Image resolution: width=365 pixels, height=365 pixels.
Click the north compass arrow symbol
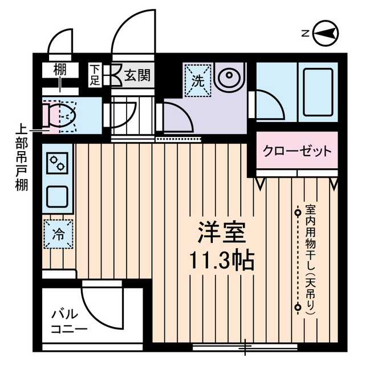[326, 34]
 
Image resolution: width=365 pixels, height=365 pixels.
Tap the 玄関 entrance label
[138, 75]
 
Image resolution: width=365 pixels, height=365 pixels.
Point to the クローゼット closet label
[297, 151]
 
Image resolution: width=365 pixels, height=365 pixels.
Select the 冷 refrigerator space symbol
[59, 233]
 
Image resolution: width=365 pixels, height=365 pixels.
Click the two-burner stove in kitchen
[58, 164]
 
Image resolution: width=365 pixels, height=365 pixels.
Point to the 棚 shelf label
[59, 71]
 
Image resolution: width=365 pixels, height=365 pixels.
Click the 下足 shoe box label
[95, 75]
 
